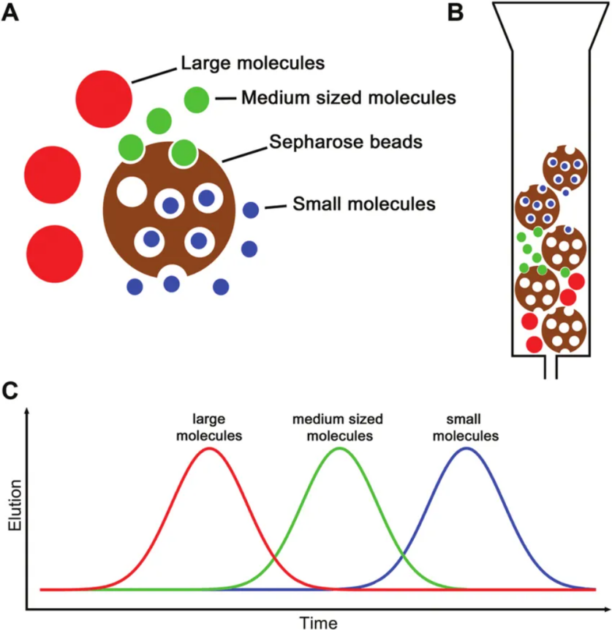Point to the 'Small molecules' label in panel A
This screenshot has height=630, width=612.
coord(363,202)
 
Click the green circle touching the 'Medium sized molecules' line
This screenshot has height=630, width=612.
coord(196,99)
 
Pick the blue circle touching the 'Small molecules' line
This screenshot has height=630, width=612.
coord(251,210)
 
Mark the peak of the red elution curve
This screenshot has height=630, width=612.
coord(210,448)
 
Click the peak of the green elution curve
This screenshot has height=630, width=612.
coord(339,448)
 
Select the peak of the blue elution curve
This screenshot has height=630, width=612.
coord(466,448)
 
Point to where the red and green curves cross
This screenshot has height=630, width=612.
coord(274,563)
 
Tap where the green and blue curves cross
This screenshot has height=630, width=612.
coord(403,563)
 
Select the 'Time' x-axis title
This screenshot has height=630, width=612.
coord(318,621)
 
